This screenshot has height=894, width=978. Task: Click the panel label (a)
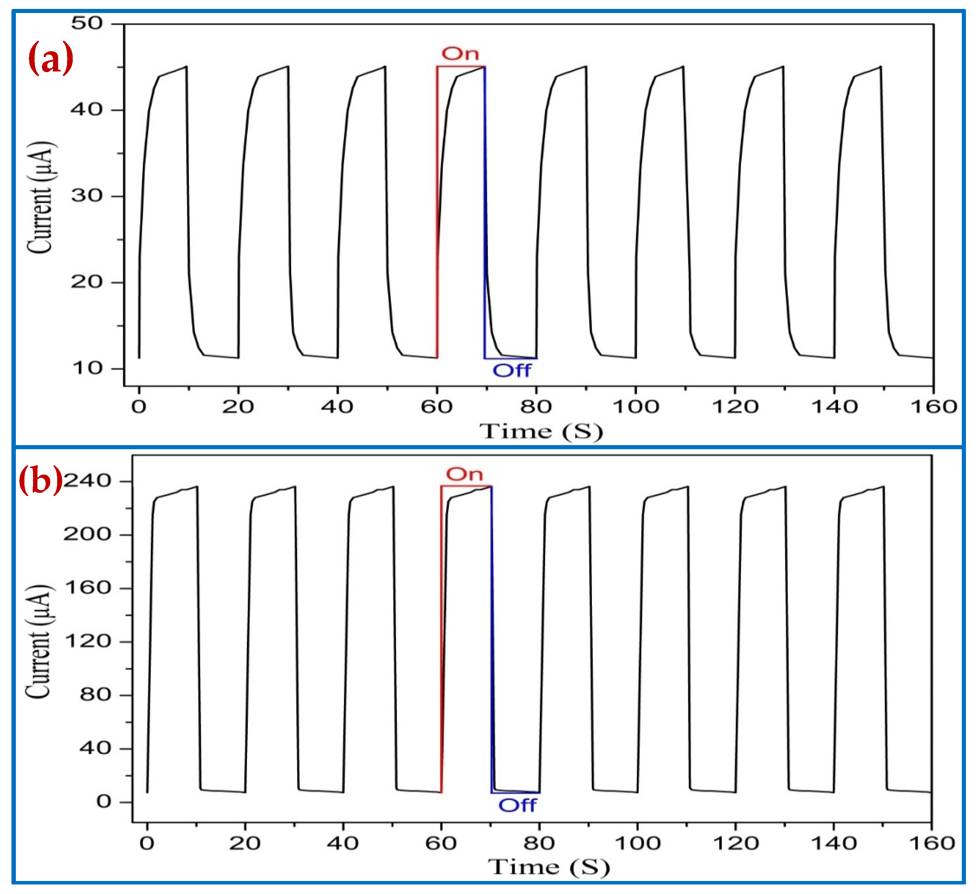tap(50, 58)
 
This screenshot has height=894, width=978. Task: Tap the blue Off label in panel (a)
tap(512, 371)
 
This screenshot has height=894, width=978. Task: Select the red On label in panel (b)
tap(464, 474)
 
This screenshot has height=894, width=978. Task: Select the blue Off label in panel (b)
tap(517, 806)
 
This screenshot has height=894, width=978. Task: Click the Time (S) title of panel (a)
tap(541, 431)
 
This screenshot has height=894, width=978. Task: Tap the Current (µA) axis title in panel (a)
tap(40, 198)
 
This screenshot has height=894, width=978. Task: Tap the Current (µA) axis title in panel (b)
tap(39, 642)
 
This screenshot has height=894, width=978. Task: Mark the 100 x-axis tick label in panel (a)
tap(635, 407)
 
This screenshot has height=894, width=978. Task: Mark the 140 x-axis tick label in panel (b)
tap(834, 843)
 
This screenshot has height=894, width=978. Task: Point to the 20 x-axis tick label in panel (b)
tap(245, 843)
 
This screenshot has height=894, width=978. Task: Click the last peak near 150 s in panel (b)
tap(883, 487)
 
